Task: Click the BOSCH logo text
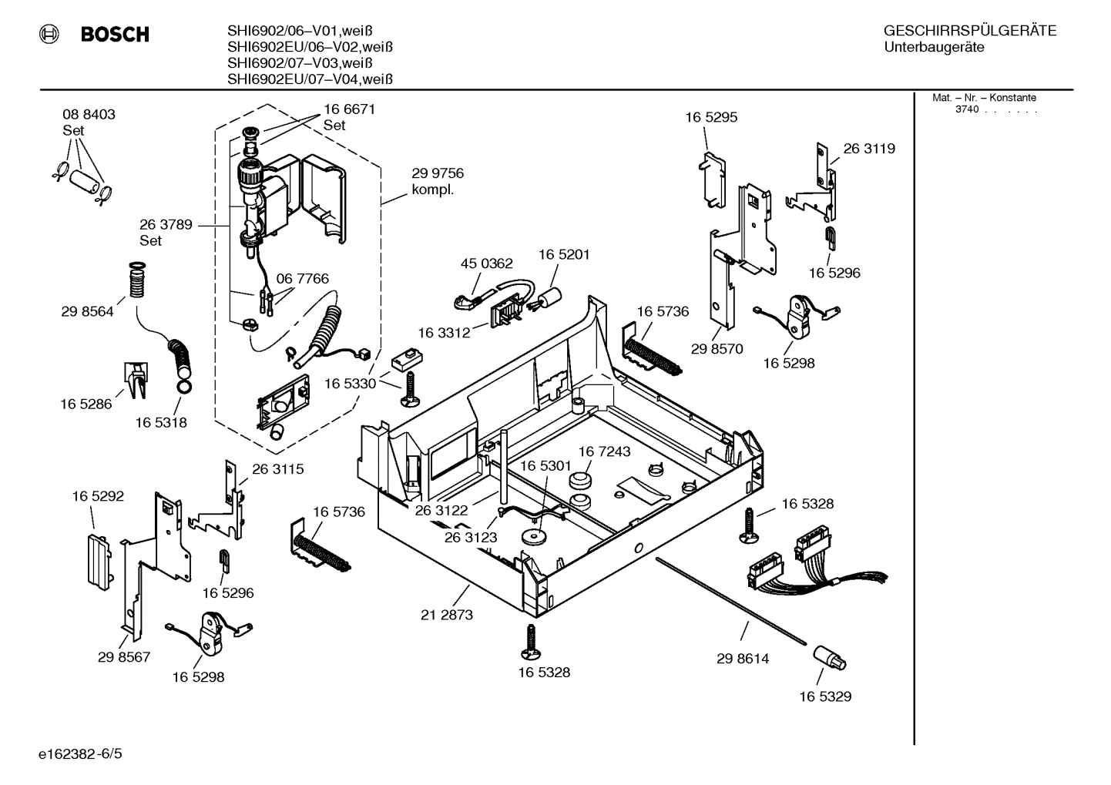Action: point(115,35)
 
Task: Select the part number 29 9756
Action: point(438,173)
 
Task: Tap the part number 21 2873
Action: point(447,615)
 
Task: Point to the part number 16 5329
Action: point(825,696)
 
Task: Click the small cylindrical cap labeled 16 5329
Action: point(828,659)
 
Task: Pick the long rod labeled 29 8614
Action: point(732,600)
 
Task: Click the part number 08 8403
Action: point(89,115)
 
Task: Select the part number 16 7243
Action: point(604,451)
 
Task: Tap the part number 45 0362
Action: point(486,263)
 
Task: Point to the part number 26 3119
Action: point(869,149)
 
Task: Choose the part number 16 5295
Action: point(711,118)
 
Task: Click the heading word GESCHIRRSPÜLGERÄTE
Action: point(969,31)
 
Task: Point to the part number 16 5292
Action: point(98,497)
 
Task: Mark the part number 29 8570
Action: point(717,349)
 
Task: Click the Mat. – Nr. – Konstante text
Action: point(984,98)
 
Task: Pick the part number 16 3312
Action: point(445,333)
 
